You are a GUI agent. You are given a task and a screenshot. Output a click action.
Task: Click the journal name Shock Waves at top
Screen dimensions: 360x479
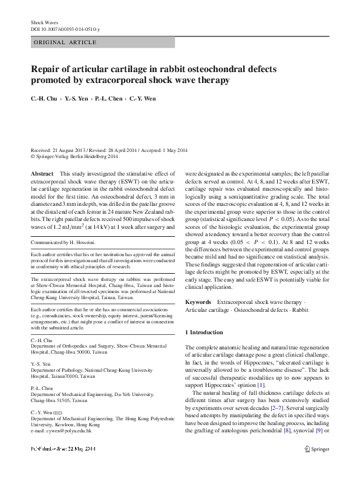point(44,22)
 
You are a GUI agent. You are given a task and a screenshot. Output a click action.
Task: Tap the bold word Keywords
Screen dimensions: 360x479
point(198,302)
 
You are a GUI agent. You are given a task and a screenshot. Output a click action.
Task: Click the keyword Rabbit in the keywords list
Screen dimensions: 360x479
point(296,309)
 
